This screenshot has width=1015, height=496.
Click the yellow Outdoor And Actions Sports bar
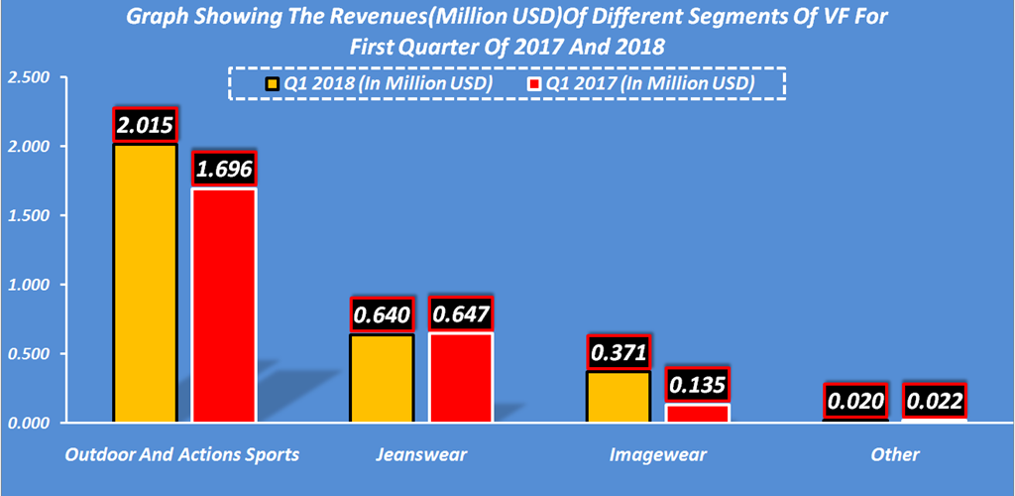(x=145, y=283)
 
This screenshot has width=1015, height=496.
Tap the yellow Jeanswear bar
(x=382, y=378)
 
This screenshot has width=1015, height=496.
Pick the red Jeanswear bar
(x=460, y=377)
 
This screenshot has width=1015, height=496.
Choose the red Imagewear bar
(x=697, y=413)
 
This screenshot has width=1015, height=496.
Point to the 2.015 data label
(x=145, y=125)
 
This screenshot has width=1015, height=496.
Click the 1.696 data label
(x=224, y=169)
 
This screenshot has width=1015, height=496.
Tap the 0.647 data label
(x=460, y=314)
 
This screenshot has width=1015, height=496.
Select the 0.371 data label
(x=618, y=352)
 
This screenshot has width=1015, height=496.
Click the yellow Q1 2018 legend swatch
(x=272, y=83)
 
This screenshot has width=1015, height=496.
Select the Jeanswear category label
(x=421, y=455)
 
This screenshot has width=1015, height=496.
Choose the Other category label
(x=894, y=455)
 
